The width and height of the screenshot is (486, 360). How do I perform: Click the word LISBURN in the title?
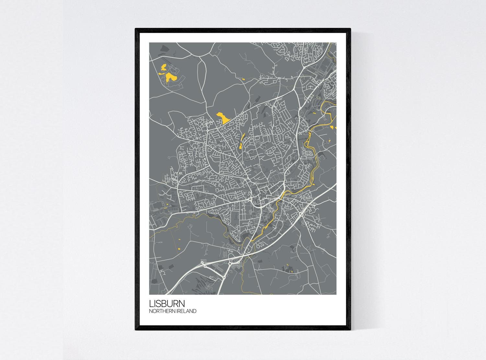(167, 304)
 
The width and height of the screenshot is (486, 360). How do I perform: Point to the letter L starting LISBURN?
(151, 304)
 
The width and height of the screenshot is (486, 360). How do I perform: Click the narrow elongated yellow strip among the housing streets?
(241, 141)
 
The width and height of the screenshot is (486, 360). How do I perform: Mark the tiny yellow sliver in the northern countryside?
(243, 79)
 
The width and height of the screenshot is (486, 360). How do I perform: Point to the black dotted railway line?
(201, 200)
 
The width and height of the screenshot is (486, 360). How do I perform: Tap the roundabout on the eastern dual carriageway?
(301, 215)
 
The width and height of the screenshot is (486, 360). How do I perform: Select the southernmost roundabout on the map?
(223, 277)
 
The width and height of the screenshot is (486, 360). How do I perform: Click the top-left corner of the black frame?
(136, 29)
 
